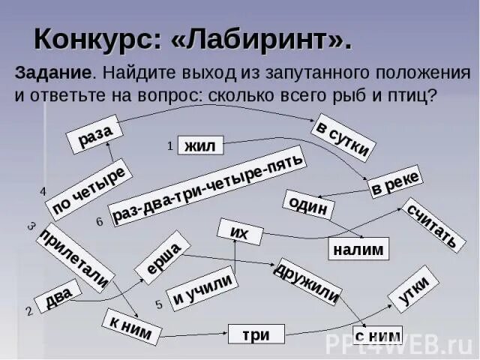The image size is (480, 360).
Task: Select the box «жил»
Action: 200,146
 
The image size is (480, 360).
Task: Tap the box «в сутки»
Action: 342,137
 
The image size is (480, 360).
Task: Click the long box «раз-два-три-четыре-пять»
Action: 208,186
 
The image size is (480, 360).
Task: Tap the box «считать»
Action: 430,223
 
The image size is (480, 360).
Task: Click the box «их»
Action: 239,232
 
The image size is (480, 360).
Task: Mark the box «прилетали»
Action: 76,256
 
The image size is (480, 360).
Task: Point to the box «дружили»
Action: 308,281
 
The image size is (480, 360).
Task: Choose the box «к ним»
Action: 132,326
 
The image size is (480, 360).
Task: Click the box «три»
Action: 256,334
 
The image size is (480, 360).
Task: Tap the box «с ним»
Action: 377,335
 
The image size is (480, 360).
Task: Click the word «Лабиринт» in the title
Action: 262,39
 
